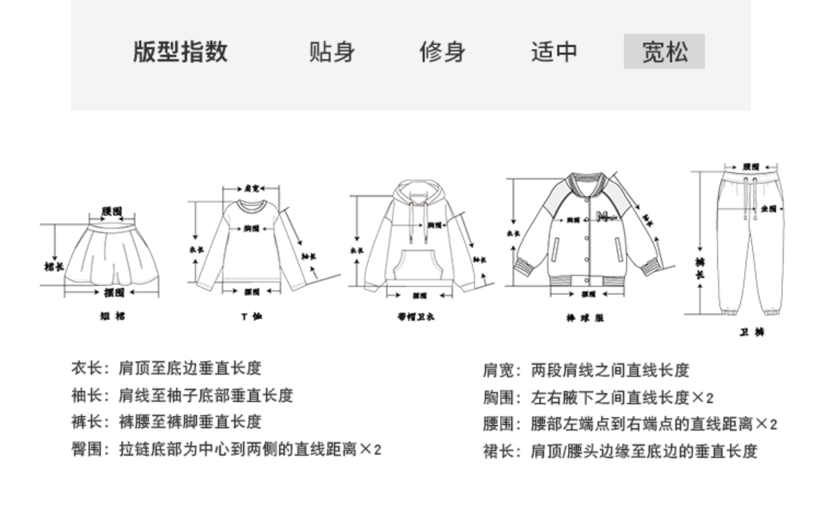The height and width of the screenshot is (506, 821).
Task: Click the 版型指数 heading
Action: point(180,52)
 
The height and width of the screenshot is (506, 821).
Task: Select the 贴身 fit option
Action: point(331,52)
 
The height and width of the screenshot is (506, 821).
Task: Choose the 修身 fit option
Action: point(442,52)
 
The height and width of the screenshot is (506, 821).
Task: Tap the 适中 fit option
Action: point(554,52)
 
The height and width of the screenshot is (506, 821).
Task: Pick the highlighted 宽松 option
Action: point(664,52)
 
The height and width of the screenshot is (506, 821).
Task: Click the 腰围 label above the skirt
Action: point(112,212)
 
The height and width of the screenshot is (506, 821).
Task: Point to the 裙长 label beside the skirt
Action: point(54,266)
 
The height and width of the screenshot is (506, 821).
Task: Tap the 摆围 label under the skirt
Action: point(114,292)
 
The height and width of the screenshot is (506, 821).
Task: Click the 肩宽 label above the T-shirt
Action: point(252,188)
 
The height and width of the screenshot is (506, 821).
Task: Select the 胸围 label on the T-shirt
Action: point(252,228)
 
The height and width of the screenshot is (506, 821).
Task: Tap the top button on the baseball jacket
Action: point(587,200)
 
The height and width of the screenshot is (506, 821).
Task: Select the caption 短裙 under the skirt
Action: point(113,316)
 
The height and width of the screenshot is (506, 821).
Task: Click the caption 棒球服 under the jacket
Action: point(585,318)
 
